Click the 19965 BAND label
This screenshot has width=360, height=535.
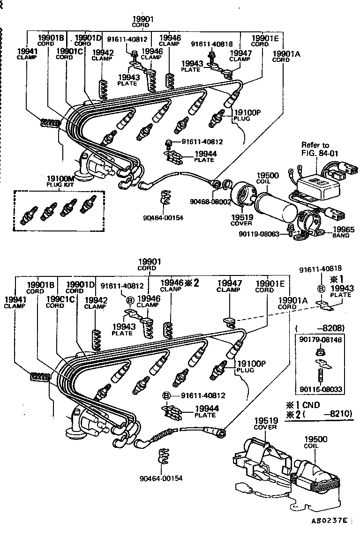click(x=341, y=232)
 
